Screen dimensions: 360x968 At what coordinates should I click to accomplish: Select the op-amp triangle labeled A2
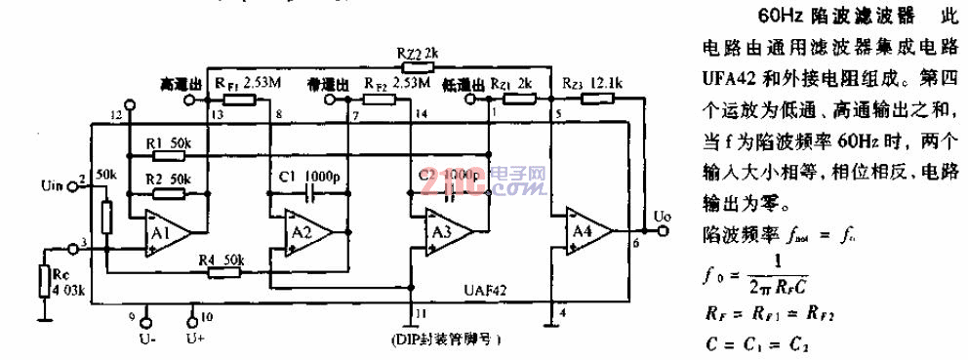[303, 231]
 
